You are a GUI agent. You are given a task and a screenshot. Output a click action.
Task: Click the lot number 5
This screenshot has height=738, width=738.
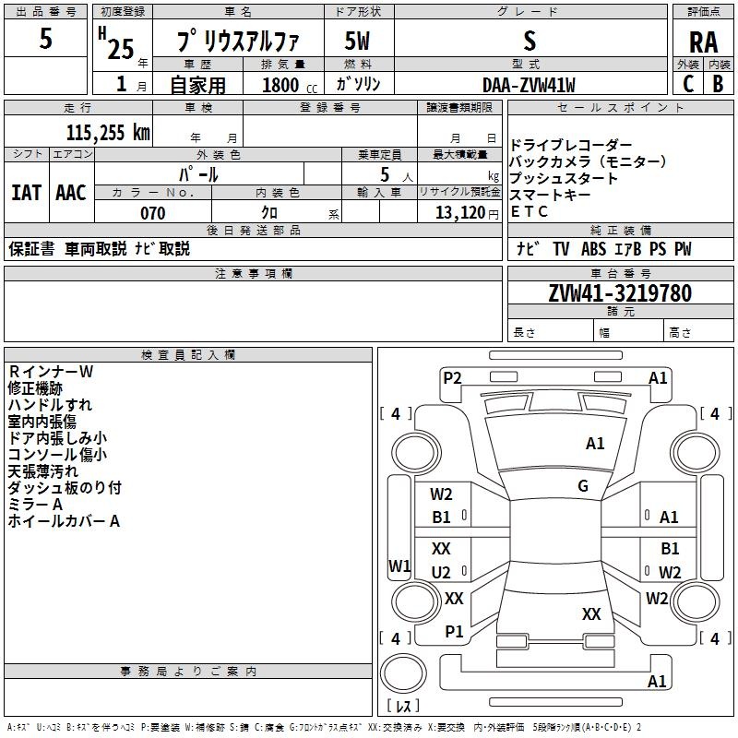tap(45, 38)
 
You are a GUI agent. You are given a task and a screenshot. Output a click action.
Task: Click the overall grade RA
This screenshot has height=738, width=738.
tap(703, 42)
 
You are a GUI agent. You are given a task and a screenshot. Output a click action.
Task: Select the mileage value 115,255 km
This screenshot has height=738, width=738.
tap(108, 133)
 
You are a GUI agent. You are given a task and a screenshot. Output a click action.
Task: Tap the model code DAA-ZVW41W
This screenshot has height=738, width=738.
tap(529, 85)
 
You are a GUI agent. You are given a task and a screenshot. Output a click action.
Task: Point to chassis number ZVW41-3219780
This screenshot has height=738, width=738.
tap(620, 293)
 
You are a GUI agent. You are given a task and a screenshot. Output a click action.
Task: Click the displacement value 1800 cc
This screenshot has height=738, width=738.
tap(290, 85)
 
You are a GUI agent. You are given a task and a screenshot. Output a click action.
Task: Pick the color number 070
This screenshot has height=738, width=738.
tap(153, 213)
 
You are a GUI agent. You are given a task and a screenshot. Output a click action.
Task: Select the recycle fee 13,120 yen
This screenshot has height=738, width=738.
tap(467, 213)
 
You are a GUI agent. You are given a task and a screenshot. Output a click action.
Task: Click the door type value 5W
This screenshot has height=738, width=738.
tap(357, 41)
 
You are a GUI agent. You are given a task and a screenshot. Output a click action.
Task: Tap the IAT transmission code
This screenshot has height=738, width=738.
tap(26, 193)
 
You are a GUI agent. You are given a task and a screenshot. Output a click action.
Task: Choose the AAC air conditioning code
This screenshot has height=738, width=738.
tap(71, 193)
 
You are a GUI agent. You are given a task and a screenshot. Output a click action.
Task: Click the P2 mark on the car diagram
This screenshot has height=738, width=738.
tap(452, 377)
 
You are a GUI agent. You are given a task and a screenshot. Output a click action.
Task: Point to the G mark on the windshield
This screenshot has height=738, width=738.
tap(583, 485)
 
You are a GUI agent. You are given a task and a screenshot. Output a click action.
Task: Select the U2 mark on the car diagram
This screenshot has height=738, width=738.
tap(441, 572)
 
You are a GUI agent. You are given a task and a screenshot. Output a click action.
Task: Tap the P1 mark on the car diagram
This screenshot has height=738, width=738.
tap(454, 632)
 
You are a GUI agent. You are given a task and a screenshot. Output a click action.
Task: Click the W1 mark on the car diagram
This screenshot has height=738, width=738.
tap(399, 565)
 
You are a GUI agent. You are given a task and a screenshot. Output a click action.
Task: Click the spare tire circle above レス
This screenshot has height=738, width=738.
tap(403, 673)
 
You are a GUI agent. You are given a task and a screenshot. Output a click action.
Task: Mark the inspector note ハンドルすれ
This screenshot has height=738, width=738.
tap(50, 405)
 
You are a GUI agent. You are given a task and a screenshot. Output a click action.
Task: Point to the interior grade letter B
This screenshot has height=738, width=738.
tap(718, 84)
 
